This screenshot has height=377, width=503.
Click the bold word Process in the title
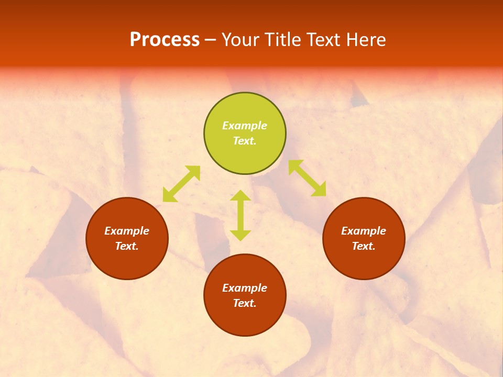(165, 40)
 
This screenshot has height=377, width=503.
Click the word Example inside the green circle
(245, 126)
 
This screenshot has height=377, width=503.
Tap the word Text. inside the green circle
(245, 141)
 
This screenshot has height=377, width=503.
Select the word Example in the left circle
(127, 231)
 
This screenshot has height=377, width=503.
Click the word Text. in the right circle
(364, 246)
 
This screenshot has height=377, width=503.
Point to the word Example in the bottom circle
(245, 288)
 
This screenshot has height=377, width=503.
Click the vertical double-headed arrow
(240, 215)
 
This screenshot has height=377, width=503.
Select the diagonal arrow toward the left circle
(181, 184)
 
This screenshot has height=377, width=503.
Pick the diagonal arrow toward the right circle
(307, 179)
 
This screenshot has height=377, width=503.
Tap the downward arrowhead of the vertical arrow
(240, 235)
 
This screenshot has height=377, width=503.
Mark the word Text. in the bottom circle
(245, 303)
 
